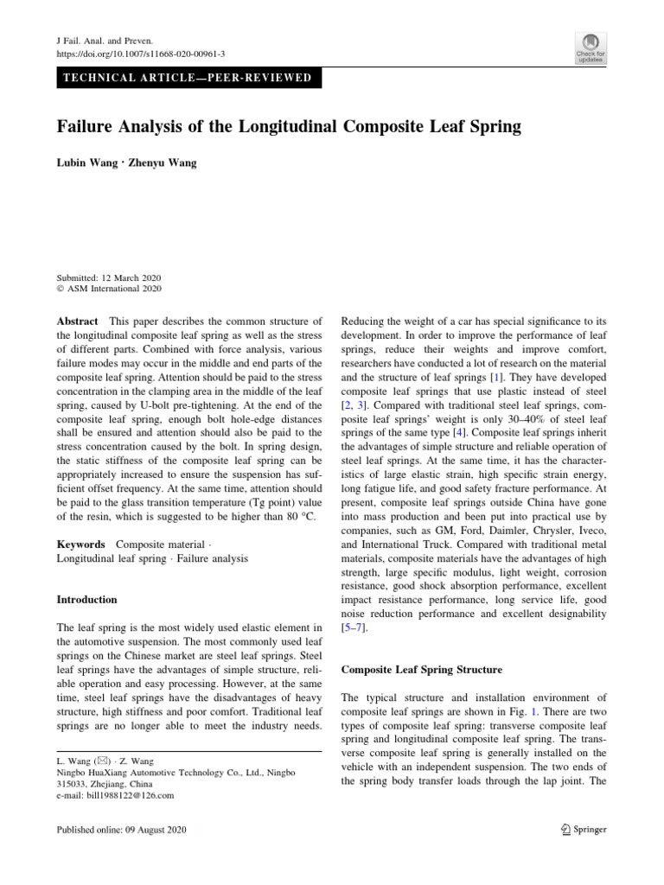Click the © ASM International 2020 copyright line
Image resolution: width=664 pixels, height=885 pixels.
pos(108,290)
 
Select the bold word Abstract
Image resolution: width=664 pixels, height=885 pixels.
pos(77,322)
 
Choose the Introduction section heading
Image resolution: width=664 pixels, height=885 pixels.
pos(86,599)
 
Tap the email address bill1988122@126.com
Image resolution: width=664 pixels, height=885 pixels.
pos(127,795)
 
